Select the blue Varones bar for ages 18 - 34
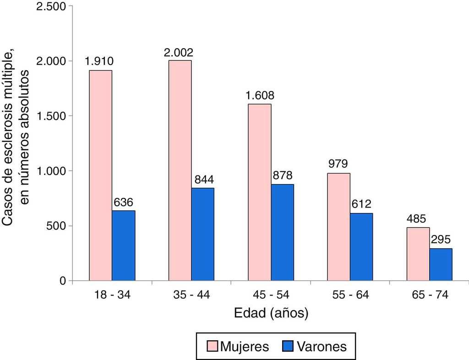[x=124, y=245]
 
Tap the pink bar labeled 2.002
[x=180, y=170]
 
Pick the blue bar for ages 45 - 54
[x=282, y=232]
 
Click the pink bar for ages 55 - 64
[x=339, y=227]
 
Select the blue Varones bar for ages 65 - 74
[x=441, y=264]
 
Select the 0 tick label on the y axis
[x=63, y=281]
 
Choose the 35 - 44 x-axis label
[x=191, y=295]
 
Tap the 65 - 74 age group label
[x=429, y=295]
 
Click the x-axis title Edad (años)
[x=271, y=314]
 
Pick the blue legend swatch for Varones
[x=287, y=346]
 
